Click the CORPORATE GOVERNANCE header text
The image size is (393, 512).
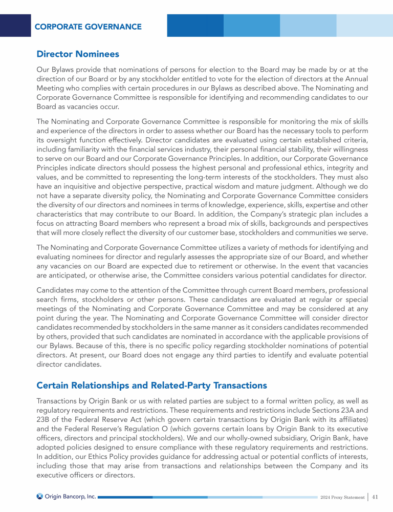pyautogui.click(x=88, y=26)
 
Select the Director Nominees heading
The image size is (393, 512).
pyautogui.click(x=78, y=54)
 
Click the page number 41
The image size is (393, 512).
pyautogui.click(x=375, y=496)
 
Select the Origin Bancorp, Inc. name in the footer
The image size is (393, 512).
pyautogui.click(x=71, y=496)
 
